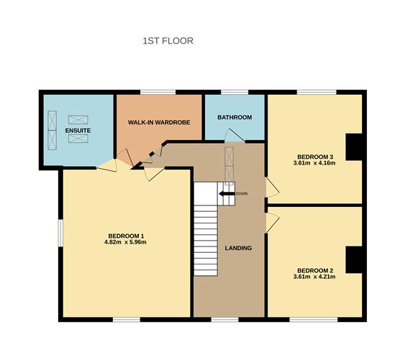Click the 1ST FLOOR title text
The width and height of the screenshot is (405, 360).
point(168,41)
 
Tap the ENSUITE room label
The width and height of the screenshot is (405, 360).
point(77,130)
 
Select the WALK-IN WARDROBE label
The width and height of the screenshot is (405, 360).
point(159,123)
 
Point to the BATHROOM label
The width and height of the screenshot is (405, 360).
point(235,117)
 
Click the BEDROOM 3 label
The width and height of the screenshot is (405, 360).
point(315,157)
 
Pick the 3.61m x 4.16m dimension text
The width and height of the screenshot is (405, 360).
point(315,164)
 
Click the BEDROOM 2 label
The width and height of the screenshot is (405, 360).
point(315,269)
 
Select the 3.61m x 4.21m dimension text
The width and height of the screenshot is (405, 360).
point(315,277)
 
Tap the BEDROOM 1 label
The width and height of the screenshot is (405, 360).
point(127,236)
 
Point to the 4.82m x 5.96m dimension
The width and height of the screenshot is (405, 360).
point(127,243)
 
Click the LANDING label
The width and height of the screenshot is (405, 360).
point(238,248)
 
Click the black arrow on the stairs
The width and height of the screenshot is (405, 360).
point(226,193)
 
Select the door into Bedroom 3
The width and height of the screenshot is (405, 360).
point(272,188)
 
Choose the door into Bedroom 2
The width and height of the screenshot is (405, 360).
point(272,222)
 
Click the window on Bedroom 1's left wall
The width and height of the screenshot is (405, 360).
point(60,236)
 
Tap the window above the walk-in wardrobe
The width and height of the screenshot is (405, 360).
point(158,91)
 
